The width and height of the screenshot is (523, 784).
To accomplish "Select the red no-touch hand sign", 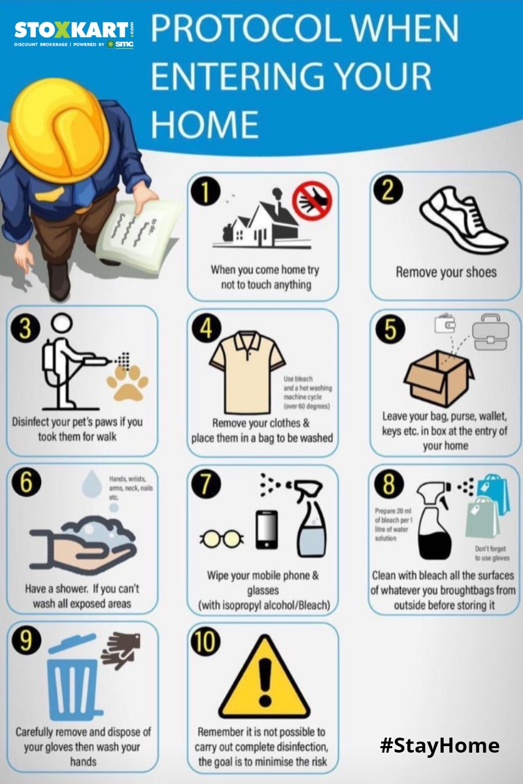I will (312, 201).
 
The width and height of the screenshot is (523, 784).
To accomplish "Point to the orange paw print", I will (127, 382).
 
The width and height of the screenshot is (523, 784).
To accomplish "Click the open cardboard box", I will (438, 378).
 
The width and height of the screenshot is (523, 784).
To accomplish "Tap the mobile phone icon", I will (266, 529).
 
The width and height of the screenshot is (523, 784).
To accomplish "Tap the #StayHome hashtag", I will (439, 745).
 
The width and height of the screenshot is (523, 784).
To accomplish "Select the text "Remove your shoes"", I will (446, 272).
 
